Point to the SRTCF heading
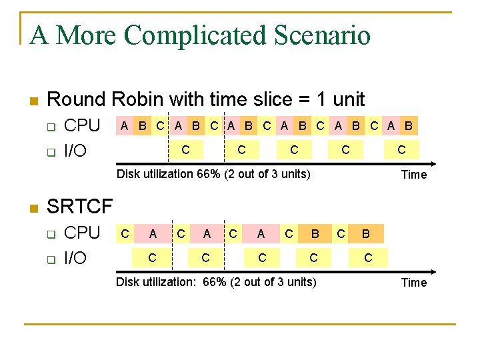tap(80, 207)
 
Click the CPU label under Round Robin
tap(81, 125)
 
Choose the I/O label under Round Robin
tap(75, 151)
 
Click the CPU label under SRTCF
tap(81, 233)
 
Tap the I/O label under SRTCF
tap(75, 258)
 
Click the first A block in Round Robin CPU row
tap(124, 125)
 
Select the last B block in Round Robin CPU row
tap(408, 125)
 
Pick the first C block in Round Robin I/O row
tap(185, 150)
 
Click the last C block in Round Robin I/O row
tap(401, 150)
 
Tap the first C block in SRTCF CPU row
tap(125, 233)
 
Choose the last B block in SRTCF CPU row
tap(365, 233)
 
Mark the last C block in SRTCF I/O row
tap(367, 257)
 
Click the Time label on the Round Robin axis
tap(413, 175)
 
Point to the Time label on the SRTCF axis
tap(413, 283)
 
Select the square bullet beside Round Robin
tap(33, 101)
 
